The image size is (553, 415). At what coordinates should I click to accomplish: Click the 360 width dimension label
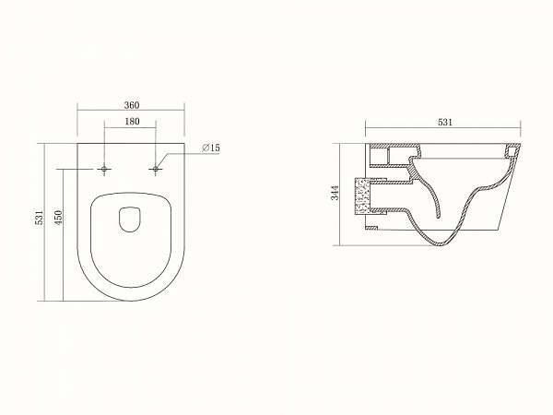point(132,105)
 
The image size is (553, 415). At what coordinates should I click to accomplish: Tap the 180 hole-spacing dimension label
point(132,122)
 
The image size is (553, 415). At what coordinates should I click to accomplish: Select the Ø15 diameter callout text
point(211,148)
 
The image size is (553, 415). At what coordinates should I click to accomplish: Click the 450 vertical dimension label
point(59,218)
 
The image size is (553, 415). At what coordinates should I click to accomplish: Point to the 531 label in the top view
point(40,218)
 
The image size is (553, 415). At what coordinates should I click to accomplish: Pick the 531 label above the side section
point(445,123)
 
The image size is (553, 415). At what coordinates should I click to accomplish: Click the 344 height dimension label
point(335,193)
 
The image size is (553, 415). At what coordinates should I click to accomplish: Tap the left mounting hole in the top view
point(103,170)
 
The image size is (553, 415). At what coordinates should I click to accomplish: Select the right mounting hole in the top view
point(156,170)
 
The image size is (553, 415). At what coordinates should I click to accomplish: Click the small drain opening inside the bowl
point(130,219)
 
